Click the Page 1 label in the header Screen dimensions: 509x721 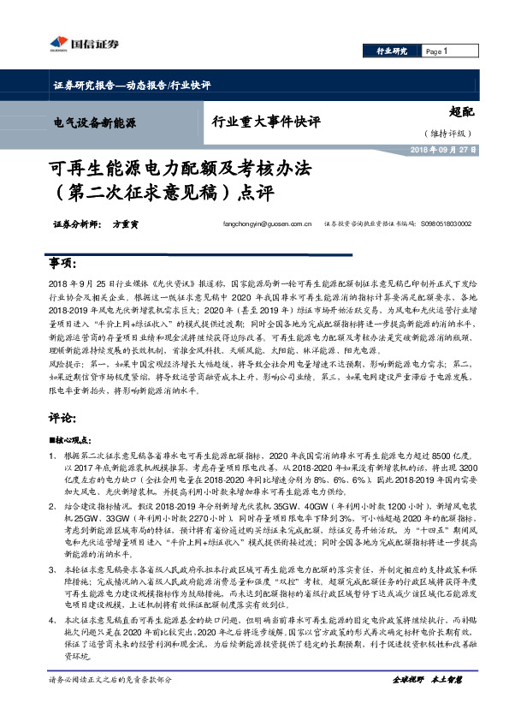[436, 51]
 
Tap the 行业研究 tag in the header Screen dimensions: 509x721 [393, 51]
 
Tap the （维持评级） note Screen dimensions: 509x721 [445, 133]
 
